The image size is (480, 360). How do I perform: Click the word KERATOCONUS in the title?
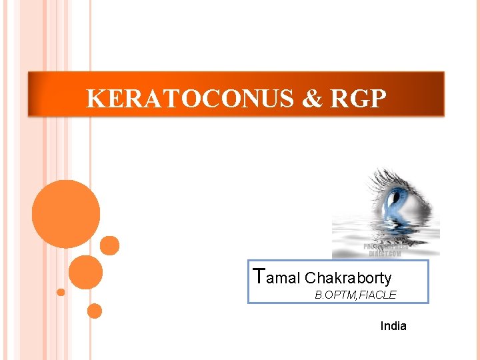click(190, 99)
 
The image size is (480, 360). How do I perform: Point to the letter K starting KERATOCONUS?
click(95, 99)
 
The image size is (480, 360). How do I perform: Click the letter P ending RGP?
click(377, 99)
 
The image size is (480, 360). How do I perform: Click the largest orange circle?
click(65, 213)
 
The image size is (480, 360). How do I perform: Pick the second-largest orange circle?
click(85, 272)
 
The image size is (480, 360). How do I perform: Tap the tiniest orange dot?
click(61, 292)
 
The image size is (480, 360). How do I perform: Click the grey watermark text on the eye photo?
click(387, 249)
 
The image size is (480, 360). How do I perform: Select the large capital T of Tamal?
click(261, 275)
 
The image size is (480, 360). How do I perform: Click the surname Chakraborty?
click(348, 278)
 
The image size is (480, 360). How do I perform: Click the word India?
click(393, 326)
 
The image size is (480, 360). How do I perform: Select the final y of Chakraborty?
click(387, 280)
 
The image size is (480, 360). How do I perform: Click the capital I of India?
click(382, 326)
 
